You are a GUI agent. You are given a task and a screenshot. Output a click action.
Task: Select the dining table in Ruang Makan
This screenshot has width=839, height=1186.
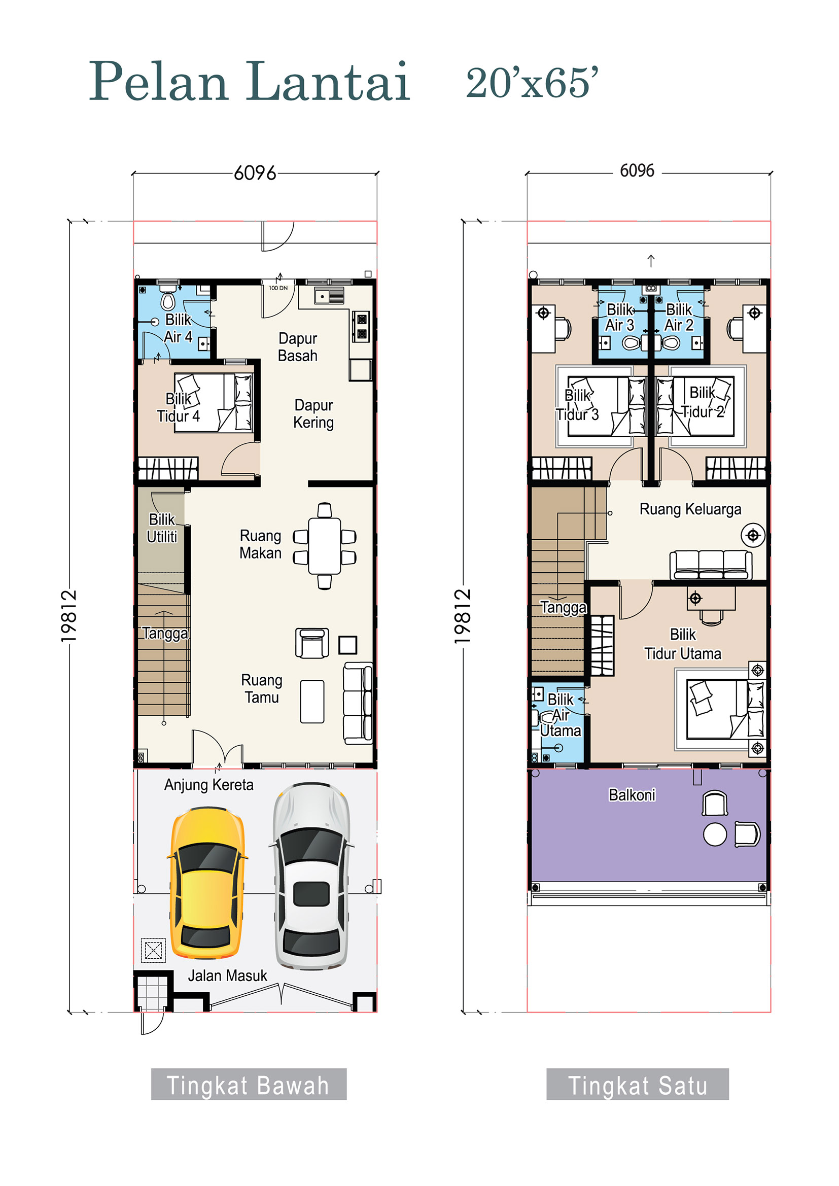tap(325, 546)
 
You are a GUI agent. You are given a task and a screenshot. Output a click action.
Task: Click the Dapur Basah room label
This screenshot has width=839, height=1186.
tap(298, 347)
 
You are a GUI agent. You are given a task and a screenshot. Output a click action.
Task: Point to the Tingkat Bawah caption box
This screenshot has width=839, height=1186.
tap(249, 1085)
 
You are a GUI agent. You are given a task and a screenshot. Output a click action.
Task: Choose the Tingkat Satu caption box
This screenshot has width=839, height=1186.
tap(637, 1085)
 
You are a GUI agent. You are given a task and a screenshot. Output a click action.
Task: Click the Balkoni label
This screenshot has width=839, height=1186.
tap(632, 795)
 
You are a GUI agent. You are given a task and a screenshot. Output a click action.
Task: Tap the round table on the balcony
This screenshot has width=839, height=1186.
tap(715, 835)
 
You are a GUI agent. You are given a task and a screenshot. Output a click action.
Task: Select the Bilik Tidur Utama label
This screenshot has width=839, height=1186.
tap(682, 644)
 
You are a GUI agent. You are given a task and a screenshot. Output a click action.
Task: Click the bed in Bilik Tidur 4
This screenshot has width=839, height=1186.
tap(213, 403)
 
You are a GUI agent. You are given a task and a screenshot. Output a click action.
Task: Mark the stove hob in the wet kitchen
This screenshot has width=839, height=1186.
tap(361, 327)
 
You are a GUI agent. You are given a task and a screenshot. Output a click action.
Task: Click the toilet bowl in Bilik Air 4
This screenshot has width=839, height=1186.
tap(168, 301)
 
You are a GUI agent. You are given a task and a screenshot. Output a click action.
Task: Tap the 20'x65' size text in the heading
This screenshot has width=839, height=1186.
tap(532, 83)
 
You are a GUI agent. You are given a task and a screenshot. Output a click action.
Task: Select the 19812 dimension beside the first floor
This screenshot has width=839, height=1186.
tap(463, 616)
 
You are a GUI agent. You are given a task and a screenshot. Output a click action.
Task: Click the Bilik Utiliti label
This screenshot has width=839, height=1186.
tap(162, 528)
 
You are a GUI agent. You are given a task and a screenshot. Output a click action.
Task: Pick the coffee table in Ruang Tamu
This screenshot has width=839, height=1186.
tap(312, 702)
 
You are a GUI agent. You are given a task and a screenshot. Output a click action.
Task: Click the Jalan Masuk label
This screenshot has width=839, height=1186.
tap(227, 976)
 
